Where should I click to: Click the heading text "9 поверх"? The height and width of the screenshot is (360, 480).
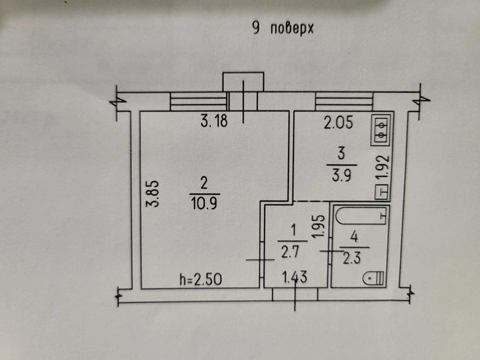click(282, 28)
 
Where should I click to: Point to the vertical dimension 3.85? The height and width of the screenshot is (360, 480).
click(152, 193)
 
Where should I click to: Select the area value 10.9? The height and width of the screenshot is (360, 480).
click(204, 202)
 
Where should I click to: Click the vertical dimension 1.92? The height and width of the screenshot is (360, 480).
click(382, 169)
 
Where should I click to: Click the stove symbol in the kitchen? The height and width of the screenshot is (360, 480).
click(381, 128)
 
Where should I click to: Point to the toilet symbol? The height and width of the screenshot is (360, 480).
click(374, 278)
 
